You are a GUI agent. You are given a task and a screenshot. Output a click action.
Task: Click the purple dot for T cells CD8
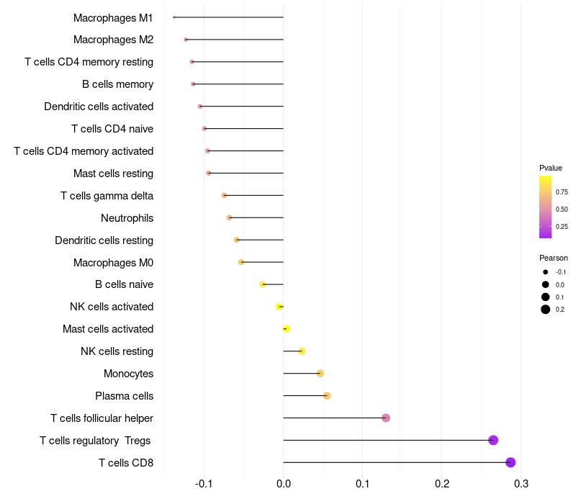(x=510, y=462)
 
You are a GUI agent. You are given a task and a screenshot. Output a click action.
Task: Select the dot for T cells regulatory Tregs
(x=493, y=440)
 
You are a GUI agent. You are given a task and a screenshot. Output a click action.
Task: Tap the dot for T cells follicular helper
(x=386, y=418)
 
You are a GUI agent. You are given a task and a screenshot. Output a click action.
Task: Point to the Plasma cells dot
(x=327, y=395)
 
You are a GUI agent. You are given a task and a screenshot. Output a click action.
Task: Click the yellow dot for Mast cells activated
(x=286, y=328)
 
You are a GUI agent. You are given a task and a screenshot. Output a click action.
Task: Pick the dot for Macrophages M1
(x=174, y=17)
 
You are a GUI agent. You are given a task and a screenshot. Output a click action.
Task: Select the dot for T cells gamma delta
(x=224, y=195)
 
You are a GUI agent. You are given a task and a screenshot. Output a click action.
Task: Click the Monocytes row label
(x=128, y=374)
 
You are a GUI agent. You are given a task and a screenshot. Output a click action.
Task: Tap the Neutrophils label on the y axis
(x=127, y=217)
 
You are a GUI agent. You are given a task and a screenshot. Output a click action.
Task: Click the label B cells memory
(x=117, y=84)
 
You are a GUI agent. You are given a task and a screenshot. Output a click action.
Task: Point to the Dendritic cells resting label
(x=104, y=240)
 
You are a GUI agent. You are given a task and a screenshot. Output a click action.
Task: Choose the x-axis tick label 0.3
(x=521, y=482)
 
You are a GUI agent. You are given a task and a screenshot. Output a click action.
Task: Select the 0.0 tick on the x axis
(x=284, y=482)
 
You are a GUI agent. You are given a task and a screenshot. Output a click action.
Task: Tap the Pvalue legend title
(x=551, y=168)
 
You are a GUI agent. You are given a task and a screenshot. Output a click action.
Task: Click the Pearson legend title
(x=553, y=258)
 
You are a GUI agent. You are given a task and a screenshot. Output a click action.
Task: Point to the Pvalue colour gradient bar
(x=545, y=207)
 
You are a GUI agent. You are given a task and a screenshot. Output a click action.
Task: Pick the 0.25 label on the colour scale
(x=562, y=226)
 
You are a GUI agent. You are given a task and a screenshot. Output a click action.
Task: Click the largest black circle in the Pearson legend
(x=546, y=310)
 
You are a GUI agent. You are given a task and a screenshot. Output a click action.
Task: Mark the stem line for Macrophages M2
(x=235, y=39)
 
